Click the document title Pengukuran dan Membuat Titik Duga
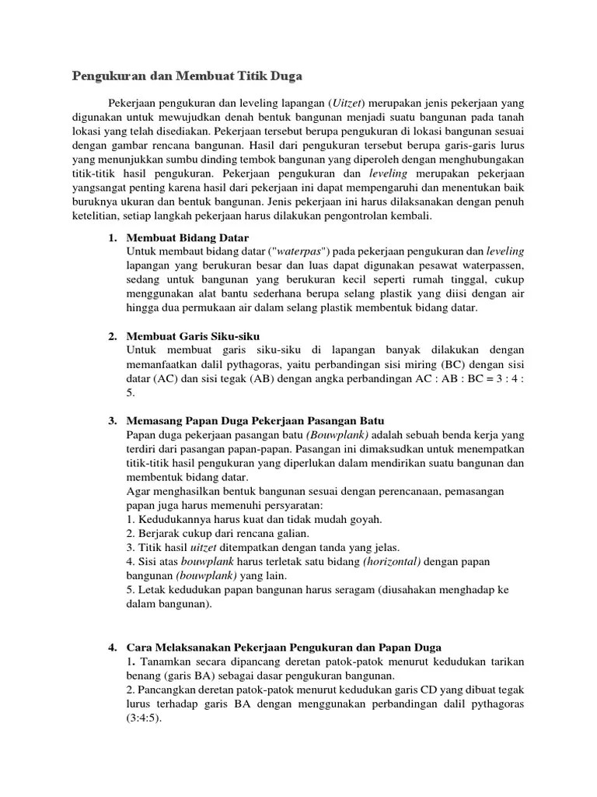click(x=187, y=76)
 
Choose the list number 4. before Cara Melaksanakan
click(x=112, y=647)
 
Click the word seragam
click(x=342, y=590)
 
